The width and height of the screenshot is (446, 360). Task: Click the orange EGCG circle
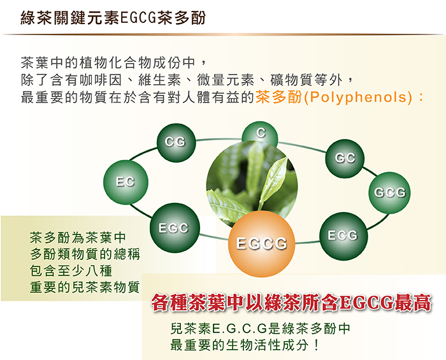(x=261, y=243)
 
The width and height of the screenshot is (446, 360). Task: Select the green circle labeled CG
(x=176, y=143)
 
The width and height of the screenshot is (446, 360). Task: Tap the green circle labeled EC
(x=126, y=182)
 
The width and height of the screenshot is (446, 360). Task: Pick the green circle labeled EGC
(x=175, y=227)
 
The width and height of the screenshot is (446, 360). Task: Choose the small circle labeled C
(x=260, y=133)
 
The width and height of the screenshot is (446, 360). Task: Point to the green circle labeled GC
(x=345, y=159)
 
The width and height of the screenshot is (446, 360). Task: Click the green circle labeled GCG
(x=389, y=193)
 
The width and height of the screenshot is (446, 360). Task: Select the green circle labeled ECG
(x=343, y=236)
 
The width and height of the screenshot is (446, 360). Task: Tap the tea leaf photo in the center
(x=252, y=182)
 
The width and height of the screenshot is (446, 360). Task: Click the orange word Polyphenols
(x=358, y=97)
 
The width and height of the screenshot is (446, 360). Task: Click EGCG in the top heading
(x=138, y=18)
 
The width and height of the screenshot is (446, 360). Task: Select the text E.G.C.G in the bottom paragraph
(x=239, y=328)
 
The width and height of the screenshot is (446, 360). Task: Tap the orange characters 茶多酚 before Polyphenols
(x=279, y=97)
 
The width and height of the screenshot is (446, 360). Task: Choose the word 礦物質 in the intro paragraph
(x=292, y=80)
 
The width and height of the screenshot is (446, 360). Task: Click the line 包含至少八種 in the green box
(x=71, y=271)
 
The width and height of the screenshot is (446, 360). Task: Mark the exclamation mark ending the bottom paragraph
(x=316, y=345)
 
